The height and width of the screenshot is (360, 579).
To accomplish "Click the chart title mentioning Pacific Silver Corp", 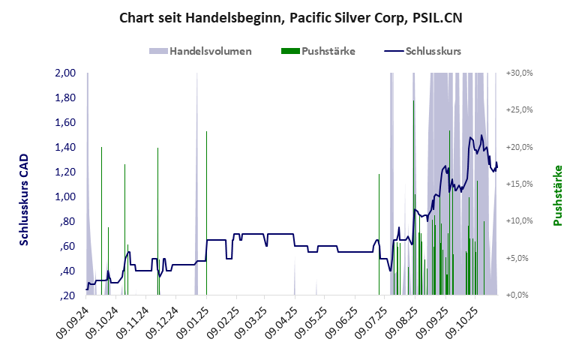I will coord(289,17).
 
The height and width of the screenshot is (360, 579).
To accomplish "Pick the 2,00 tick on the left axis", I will coord(66,73).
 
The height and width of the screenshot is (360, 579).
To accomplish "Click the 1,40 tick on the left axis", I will coord(66,148).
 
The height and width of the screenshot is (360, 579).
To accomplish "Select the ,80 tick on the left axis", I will coord(67,222).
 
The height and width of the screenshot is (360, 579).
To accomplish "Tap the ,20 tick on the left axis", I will coord(67,295).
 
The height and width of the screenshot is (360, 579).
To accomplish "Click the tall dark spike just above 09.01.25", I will coord(206,187).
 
